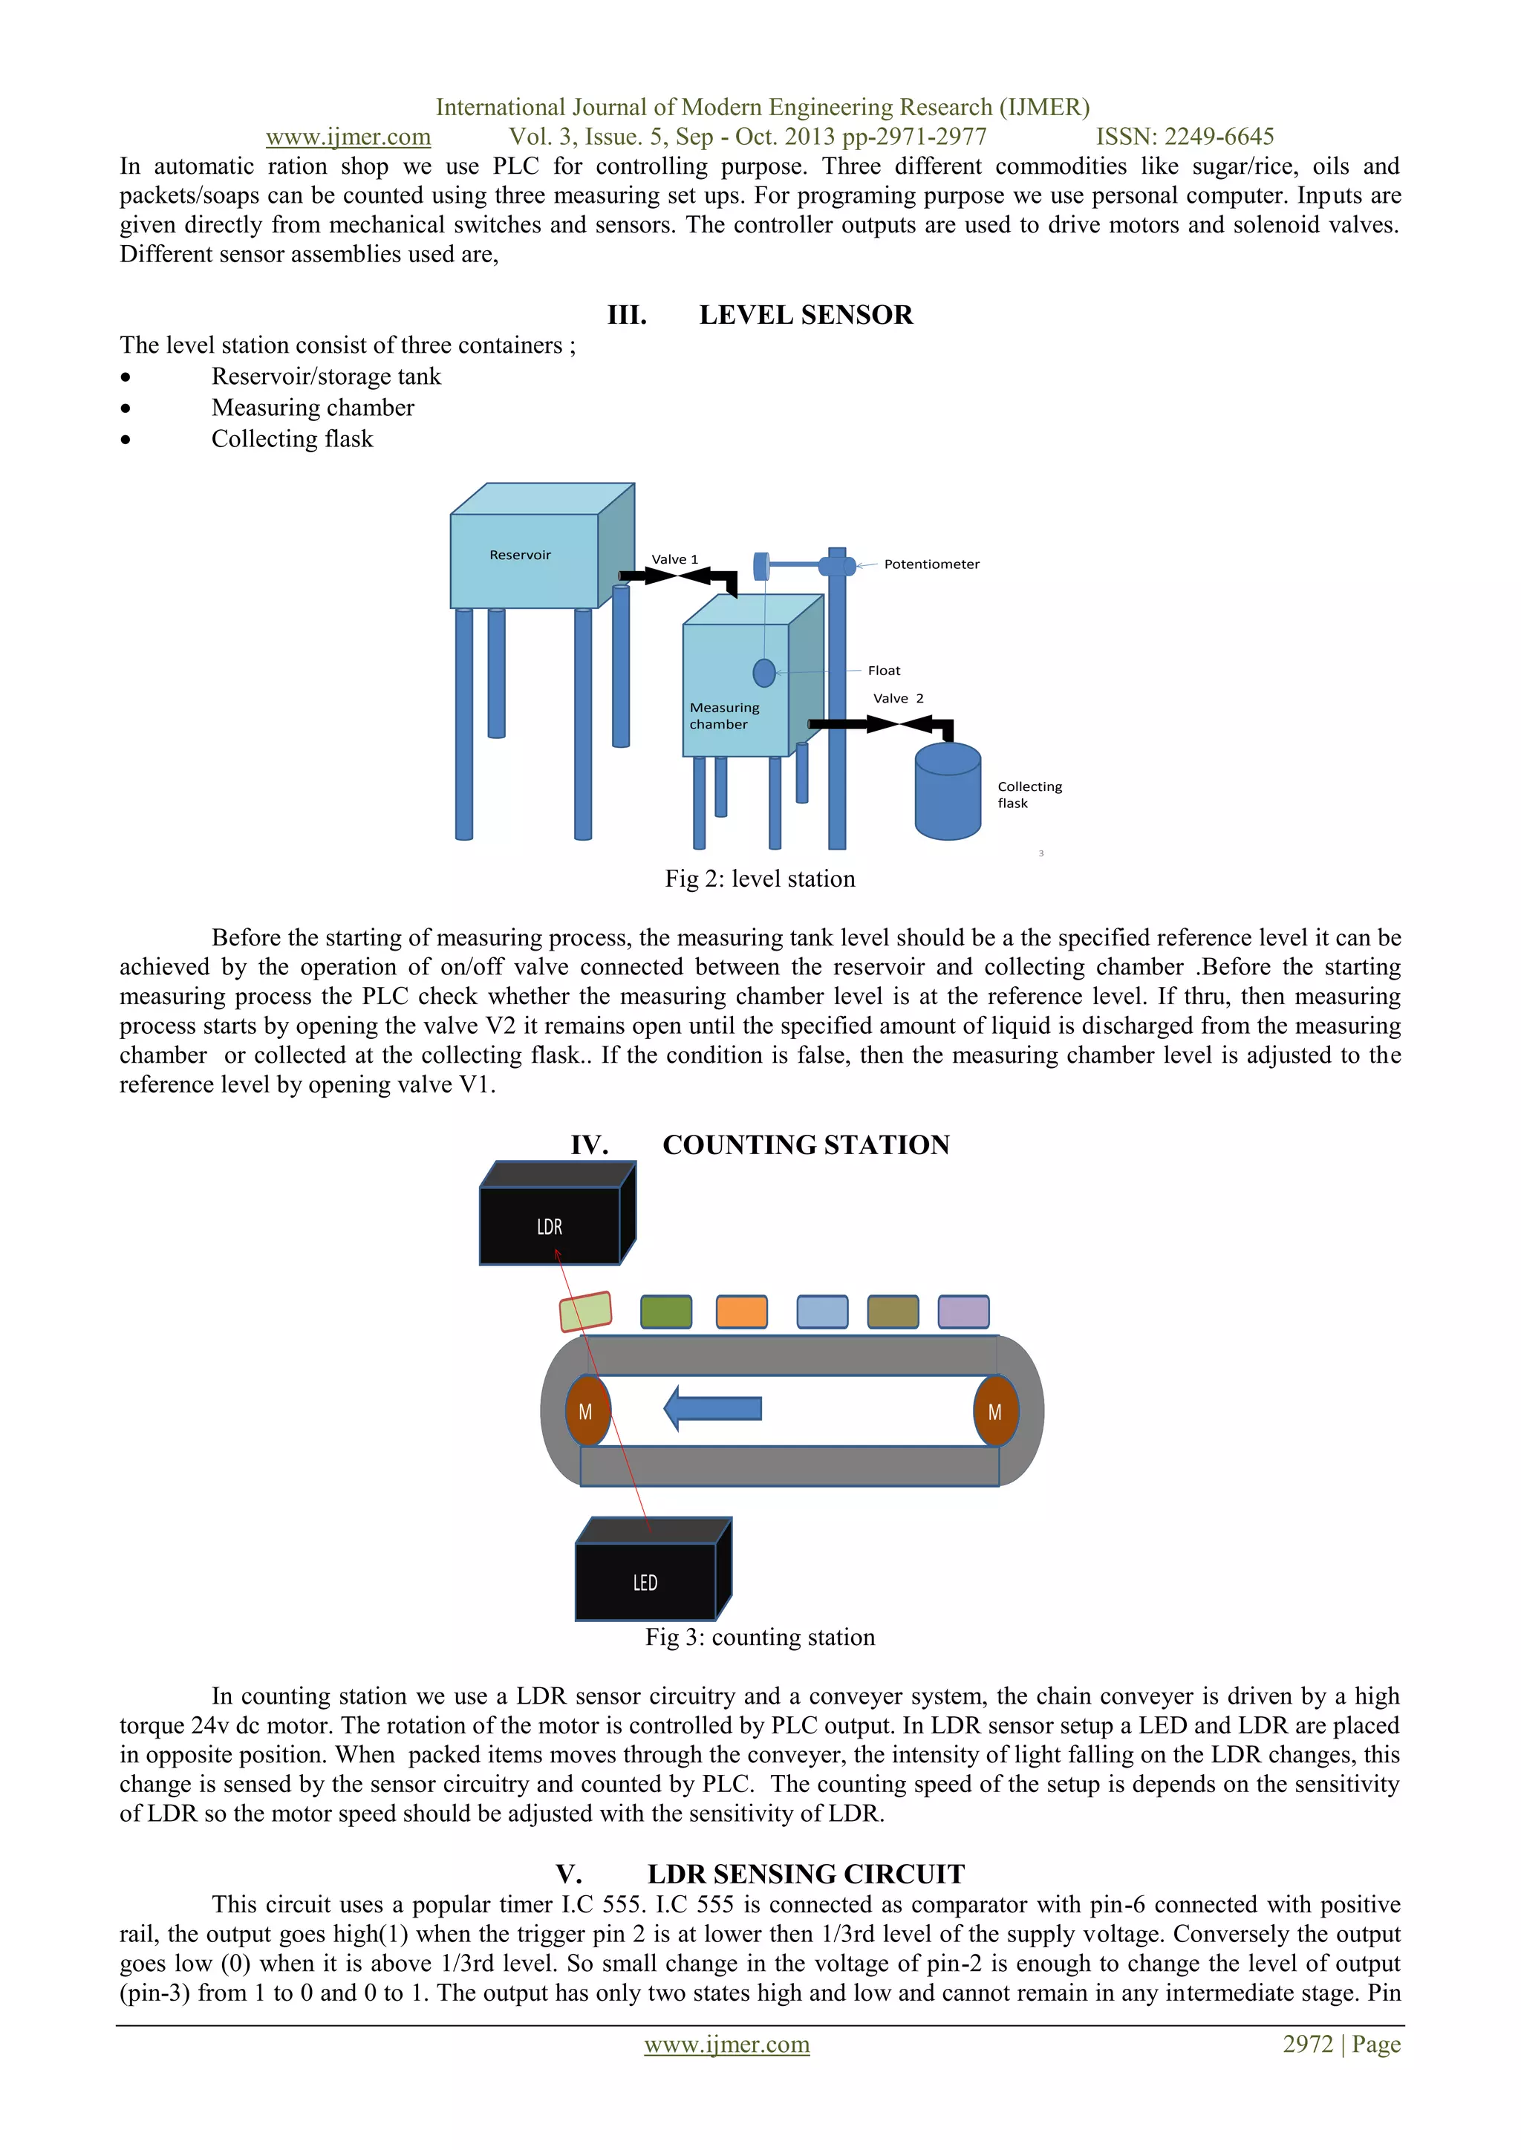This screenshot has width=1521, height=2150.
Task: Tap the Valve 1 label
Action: tap(674, 559)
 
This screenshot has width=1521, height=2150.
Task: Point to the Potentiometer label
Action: tap(931, 564)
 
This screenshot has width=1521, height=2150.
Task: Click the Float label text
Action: tap(883, 671)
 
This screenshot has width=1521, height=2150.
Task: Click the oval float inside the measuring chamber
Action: tap(764, 672)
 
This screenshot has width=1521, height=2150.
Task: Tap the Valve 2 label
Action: tap(897, 699)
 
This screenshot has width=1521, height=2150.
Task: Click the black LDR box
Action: tap(550, 1226)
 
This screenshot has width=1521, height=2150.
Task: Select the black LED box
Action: tap(645, 1582)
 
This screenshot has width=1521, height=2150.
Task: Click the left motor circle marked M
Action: tap(586, 1411)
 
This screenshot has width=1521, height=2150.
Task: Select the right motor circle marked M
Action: tap(994, 1411)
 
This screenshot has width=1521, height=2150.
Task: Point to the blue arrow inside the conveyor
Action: tap(713, 1408)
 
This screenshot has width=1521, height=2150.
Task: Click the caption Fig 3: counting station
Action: tap(760, 1637)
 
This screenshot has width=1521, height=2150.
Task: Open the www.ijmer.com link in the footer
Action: tap(727, 2045)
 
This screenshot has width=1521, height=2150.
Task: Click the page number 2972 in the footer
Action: tap(1307, 2045)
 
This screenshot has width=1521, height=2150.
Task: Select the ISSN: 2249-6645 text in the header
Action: tap(1184, 137)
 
